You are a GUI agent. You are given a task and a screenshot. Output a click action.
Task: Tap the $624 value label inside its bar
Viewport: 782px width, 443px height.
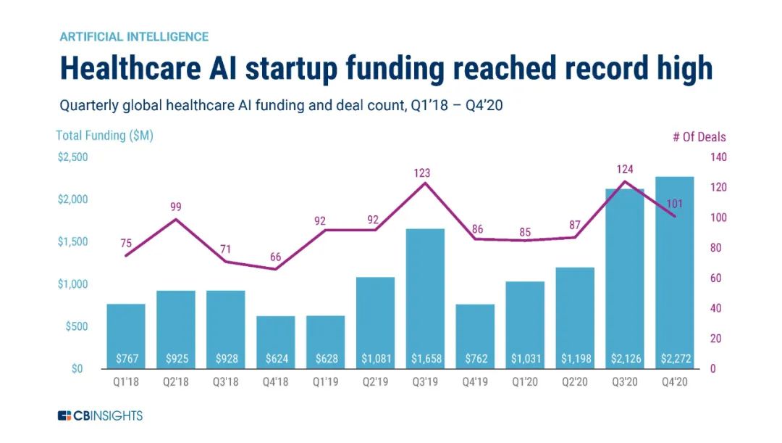point(275,358)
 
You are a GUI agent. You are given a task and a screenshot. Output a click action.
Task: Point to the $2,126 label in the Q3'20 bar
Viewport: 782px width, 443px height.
point(624,358)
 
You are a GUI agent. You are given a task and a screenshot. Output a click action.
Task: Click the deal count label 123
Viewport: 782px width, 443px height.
point(421,173)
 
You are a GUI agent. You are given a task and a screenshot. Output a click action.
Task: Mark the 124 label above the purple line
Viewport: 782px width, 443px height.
point(625,170)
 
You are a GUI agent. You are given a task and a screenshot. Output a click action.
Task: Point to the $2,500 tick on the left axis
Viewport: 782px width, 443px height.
point(72,157)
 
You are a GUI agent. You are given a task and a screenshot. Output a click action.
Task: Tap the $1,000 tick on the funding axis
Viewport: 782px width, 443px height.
point(72,284)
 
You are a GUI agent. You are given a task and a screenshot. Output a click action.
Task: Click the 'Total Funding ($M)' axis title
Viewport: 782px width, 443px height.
point(104,136)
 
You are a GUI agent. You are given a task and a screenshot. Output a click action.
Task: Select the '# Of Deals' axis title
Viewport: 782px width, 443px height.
point(699,137)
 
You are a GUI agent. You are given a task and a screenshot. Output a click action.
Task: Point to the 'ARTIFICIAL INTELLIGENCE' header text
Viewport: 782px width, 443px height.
point(134,36)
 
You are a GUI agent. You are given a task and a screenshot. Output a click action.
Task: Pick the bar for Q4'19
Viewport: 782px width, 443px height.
point(475,336)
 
